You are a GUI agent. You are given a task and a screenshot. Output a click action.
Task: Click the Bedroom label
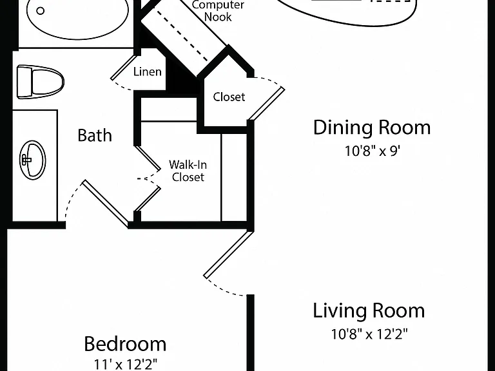[125, 344]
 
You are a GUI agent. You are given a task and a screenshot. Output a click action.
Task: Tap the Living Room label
[369, 310]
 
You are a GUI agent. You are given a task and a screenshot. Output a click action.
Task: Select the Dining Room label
[372, 128]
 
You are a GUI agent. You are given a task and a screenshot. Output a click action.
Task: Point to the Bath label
[95, 135]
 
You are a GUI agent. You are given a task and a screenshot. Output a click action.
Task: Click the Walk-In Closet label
[188, 171]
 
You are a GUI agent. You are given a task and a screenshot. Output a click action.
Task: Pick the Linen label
[148, 71]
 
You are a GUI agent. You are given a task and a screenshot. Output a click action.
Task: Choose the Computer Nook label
[218, 11]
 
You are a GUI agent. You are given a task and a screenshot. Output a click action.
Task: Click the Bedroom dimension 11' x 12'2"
[125, 365]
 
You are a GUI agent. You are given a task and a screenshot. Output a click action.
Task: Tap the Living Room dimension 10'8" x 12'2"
[369, 334]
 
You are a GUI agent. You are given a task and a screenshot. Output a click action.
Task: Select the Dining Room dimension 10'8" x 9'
[372, 151]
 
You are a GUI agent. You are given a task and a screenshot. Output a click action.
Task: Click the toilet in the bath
[41, 82]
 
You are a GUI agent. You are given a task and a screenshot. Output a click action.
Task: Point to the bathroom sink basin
[32, 160]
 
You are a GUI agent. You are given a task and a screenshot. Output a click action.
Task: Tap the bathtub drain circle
[41, 11]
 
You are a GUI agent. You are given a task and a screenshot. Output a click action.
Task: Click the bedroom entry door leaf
[229, 254]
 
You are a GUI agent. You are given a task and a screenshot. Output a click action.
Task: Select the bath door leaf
[106, 204]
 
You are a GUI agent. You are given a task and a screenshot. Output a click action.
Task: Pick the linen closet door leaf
[124, 68]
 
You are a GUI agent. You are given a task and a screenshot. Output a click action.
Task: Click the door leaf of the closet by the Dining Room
[266, 104]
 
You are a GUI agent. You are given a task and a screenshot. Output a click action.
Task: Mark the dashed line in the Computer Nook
[182, 36]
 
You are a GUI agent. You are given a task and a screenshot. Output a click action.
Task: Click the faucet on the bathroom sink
[26, 160]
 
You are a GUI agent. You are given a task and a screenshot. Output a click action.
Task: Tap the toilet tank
[24, 81]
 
